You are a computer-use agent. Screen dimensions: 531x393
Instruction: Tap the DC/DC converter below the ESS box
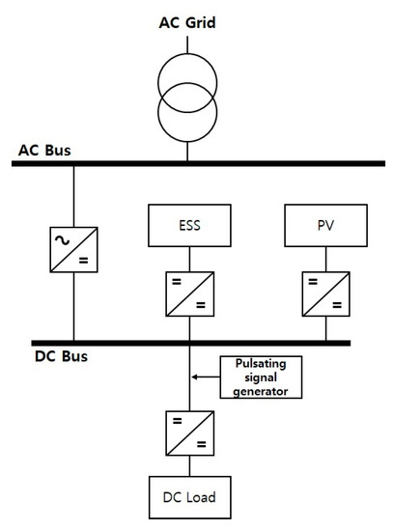click(189, 293)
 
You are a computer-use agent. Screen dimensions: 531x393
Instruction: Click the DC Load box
click(189, 499)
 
